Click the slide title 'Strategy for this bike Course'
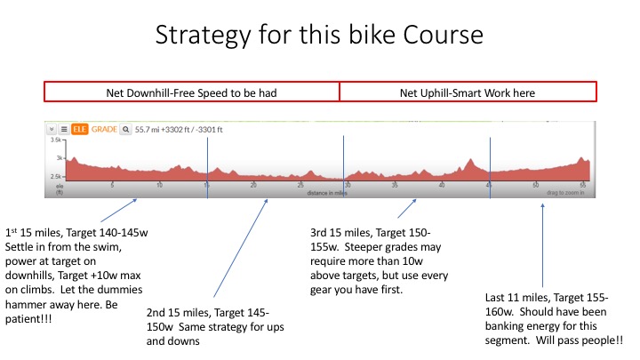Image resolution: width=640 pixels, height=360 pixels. (320, 36)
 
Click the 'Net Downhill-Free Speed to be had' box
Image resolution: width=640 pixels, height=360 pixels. (192, 92)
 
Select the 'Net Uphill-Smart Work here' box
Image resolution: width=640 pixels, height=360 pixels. (468, 92)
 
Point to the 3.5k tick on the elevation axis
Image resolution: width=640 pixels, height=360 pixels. (56, 140)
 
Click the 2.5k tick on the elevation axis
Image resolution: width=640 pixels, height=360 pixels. (56, 177)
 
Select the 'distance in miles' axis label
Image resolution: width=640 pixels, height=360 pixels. (326, 192)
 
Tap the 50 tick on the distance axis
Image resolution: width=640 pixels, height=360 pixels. (535, 185)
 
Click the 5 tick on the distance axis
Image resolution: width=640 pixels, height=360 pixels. (112, 185)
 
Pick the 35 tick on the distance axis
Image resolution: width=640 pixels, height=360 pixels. (394, 185)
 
